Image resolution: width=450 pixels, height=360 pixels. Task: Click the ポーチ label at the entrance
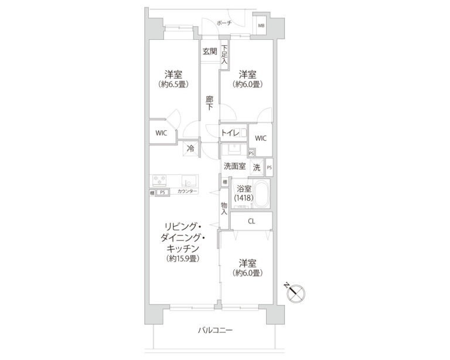(x=223, y=23)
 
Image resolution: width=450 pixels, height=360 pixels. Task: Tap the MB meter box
(x=262, y=26)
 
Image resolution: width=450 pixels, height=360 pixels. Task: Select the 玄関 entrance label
(x=210, y=51)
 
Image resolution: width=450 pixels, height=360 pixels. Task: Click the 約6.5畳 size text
(x=172, y=84)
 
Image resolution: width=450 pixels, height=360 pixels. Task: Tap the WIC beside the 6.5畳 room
(x=161, y=133)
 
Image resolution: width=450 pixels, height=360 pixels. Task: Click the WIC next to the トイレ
(x=261, y=138)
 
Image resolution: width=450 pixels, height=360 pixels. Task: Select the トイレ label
(x=230, y=133)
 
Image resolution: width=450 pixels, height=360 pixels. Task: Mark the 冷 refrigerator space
(x=190, y=149)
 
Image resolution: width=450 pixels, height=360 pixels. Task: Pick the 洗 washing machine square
(x=257, y=167)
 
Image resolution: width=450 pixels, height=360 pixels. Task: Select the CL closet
(x=251, y=221)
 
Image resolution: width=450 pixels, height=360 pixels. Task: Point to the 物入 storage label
(x=224, y=208)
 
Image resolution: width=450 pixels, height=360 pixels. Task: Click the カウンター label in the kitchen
(x=187, y=192)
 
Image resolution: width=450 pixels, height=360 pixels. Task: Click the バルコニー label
(x=215, y=331)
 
